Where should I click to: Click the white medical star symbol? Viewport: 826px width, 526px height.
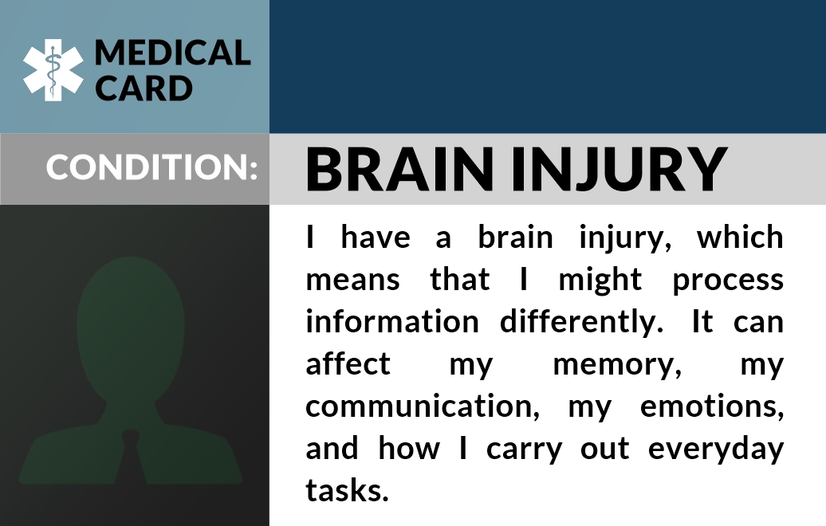pos(53,70)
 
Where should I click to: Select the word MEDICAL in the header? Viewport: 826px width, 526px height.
pos(173,53)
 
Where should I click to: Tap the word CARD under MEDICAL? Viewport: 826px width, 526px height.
pos(144,88)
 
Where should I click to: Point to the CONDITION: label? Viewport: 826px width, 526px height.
pos(151,167)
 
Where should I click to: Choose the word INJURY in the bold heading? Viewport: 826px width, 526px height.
pos(619,170)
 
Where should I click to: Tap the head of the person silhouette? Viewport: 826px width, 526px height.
pos(131,327)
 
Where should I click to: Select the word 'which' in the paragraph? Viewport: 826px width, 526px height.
pos(740,237)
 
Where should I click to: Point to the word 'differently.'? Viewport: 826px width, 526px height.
pos(581,322)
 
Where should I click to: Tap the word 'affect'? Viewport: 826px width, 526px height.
pos(348,363)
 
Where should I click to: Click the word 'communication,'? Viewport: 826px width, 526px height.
pos(423,406)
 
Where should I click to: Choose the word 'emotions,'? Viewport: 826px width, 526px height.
pos(712,406)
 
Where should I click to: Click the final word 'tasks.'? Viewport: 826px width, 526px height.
pos(347,490)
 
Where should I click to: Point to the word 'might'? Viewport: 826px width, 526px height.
pos(600,280)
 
